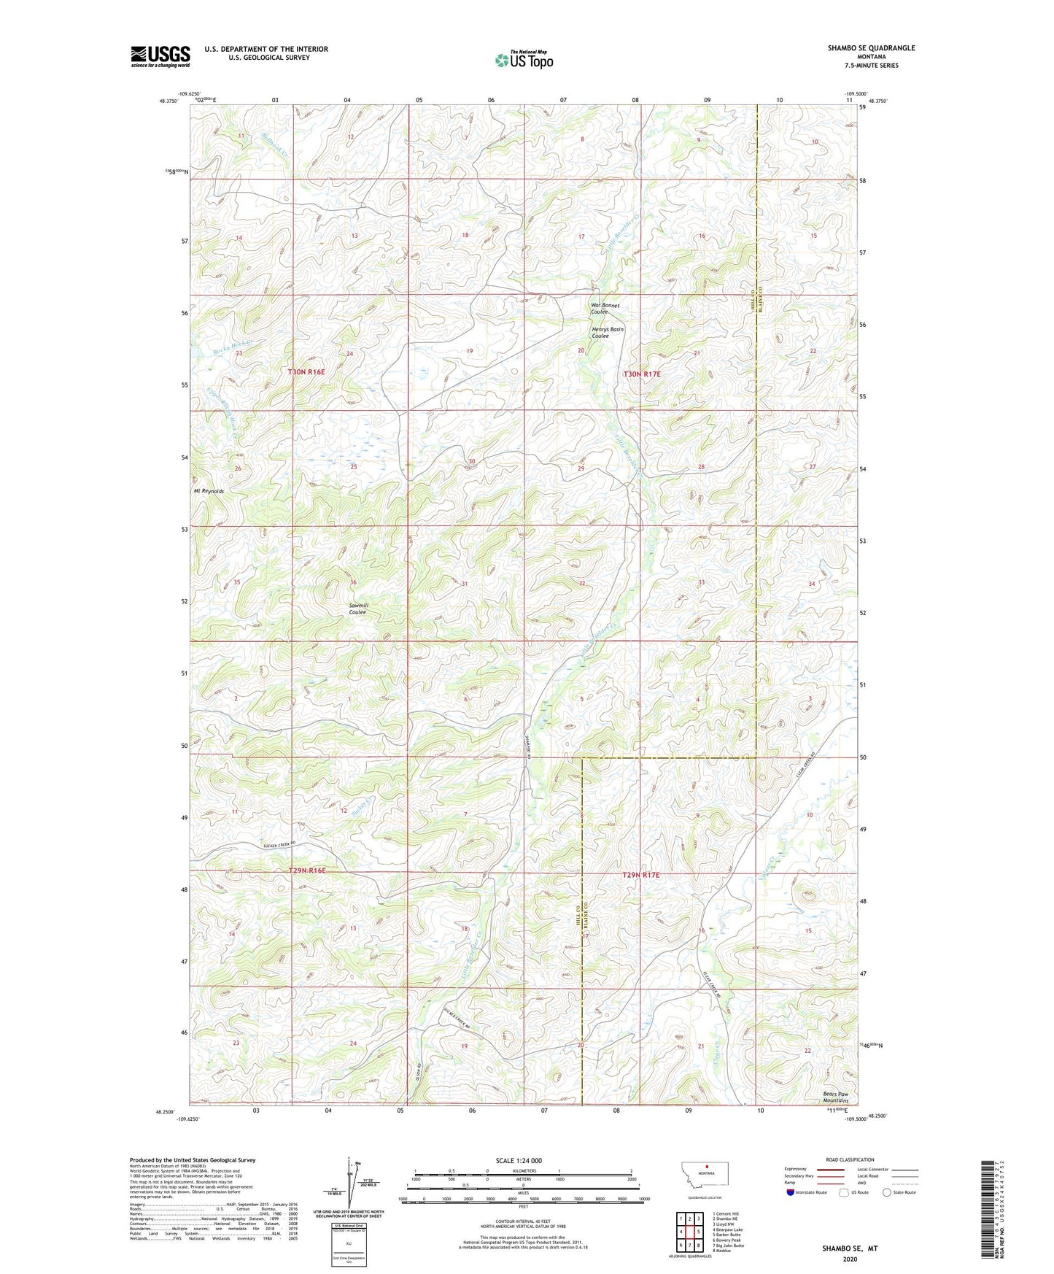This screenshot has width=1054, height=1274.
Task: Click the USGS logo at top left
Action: click(x=160, y=56)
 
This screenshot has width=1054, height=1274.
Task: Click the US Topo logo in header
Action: click(x=524, y=60)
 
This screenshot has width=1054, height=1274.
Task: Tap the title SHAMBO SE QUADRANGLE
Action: click(x=871, y=48)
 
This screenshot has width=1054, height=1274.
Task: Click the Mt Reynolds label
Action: click(x=209, y=491)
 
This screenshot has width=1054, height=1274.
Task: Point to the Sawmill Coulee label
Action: click(x=357, y=609)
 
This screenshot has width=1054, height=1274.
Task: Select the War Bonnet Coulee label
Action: click(x=605, y=309)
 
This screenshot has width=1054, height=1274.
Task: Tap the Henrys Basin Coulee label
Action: click(x=607, y=333)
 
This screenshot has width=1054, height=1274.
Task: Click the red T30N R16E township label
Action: click(x=306, y=372)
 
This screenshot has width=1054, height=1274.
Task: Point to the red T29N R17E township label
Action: click(x=640, y=875)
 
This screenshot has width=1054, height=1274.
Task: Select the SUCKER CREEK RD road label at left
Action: click(x=282, y=845)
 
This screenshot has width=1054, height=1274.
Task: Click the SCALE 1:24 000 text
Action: click(x=518, y=1160)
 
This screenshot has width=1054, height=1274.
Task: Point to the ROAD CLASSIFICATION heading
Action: click(x=850, y=1159)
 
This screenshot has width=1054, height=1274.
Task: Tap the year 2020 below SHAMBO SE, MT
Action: click(x=850, y=1259)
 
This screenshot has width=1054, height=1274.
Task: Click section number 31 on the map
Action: click(x=464, y=584)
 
